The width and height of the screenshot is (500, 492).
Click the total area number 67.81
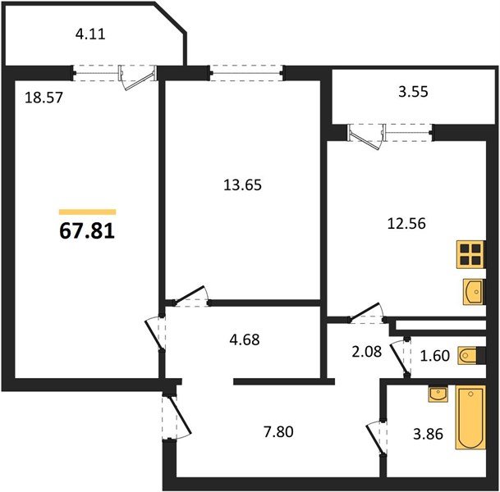click(87, 230)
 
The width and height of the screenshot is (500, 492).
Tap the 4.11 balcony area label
click(90, 34)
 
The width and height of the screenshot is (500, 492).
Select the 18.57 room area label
click(44, 98)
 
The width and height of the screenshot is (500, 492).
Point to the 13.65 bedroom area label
click(242, 184)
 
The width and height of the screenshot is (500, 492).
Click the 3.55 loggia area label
click(413, 92)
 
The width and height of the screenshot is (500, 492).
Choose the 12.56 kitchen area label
click(406, 224)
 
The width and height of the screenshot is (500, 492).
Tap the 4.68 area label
click(245, 339)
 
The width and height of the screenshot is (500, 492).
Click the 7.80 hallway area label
click(278, 432)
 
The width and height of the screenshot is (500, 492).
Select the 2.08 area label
click(367, 352)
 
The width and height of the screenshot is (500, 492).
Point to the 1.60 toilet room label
click(435, 356)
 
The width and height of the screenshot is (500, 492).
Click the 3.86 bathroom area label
click(428, 434)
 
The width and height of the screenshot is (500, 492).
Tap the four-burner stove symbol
click(470, 254)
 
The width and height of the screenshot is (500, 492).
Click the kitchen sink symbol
click(474, 292)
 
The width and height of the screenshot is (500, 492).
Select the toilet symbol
click(468, 355)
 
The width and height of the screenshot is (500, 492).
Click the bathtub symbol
click(470, 417)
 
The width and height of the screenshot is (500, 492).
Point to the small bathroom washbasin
click(438, 394)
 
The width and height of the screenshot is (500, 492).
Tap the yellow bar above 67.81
click(87, 212)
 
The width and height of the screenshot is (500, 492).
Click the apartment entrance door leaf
click(180, 415)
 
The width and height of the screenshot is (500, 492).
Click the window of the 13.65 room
click(246, 73)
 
